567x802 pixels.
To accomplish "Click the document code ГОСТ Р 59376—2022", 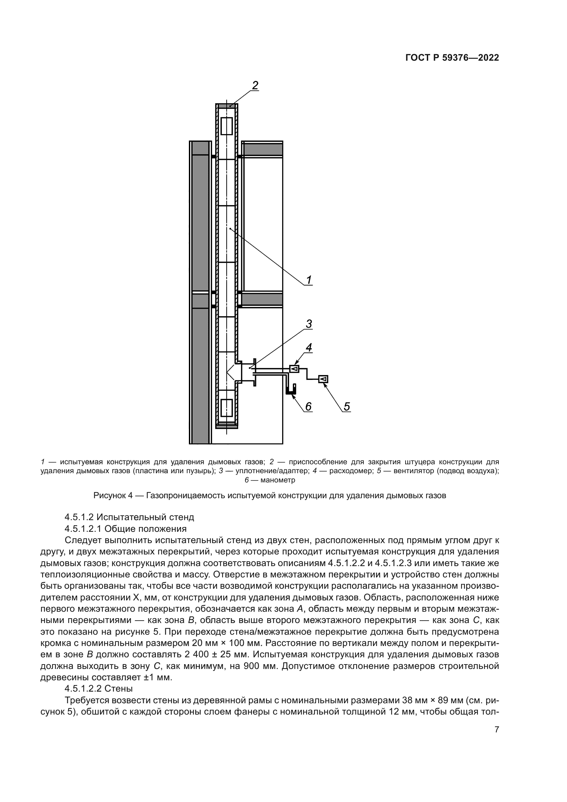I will [452, 58].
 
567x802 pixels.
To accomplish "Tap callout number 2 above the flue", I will [255, 85].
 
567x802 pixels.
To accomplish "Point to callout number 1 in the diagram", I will [309, 280].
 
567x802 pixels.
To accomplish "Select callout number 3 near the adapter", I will [309, 324].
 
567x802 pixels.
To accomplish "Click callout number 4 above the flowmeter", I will [309, 347].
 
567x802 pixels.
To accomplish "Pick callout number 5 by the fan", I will [346, 406].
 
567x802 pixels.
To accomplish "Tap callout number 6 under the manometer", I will [308, 406].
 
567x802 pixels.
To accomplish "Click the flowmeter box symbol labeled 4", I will [294, 369].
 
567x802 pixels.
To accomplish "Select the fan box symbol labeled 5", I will [323, 379].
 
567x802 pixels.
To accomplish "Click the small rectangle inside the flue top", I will [227, 126].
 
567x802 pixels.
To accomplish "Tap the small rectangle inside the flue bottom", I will [227, 408].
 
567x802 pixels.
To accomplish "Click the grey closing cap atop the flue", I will [227, 106].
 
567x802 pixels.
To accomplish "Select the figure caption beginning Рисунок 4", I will [269, 496].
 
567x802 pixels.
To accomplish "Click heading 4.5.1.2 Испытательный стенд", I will [129, 517].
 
